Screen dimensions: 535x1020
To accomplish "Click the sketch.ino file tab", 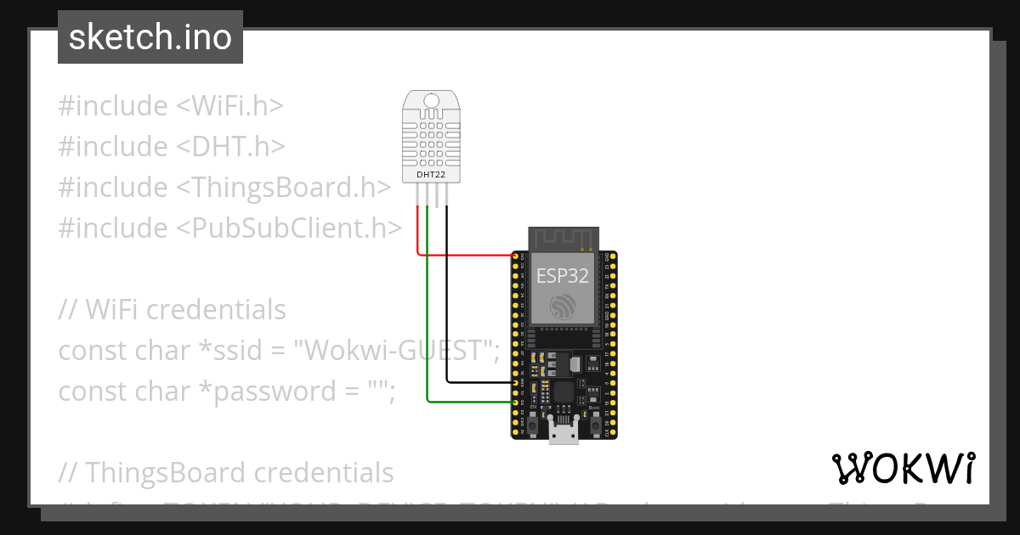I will coord(150,37).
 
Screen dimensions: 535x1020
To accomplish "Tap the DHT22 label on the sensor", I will coord(430,175).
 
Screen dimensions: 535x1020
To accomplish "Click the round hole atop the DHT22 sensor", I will coord(431,103).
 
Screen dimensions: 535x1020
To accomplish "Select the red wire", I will coord(463,254).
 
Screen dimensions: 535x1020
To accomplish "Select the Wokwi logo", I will coord(903,469).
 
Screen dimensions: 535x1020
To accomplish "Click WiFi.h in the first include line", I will coord(229,106).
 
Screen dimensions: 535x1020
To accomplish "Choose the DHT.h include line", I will coord(170,147).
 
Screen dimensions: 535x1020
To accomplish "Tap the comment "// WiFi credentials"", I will coord(172,310).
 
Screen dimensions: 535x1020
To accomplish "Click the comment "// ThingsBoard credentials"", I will coord(226,473).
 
